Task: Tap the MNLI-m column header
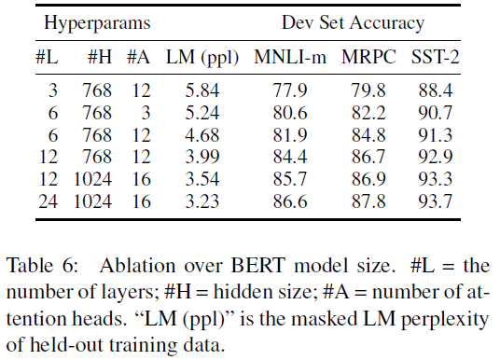(291, 56)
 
